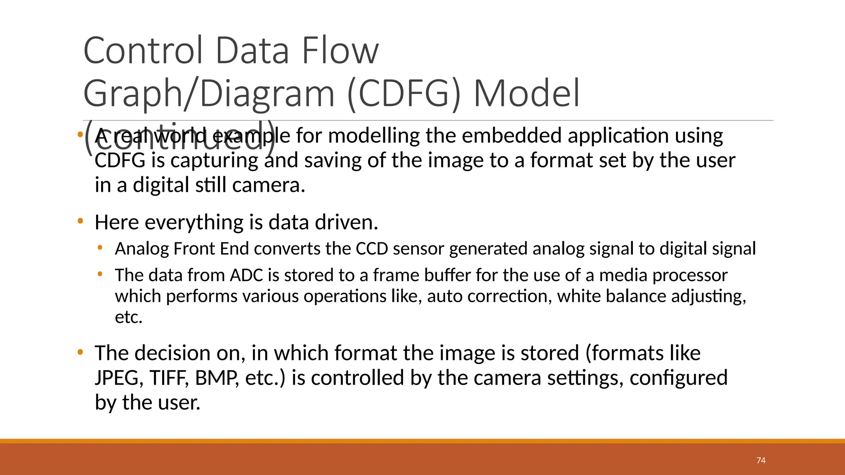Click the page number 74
761,461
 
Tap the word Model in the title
526,93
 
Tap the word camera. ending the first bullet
269,185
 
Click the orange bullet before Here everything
80,221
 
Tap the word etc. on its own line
128,317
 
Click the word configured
678,378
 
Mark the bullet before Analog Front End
100,248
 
